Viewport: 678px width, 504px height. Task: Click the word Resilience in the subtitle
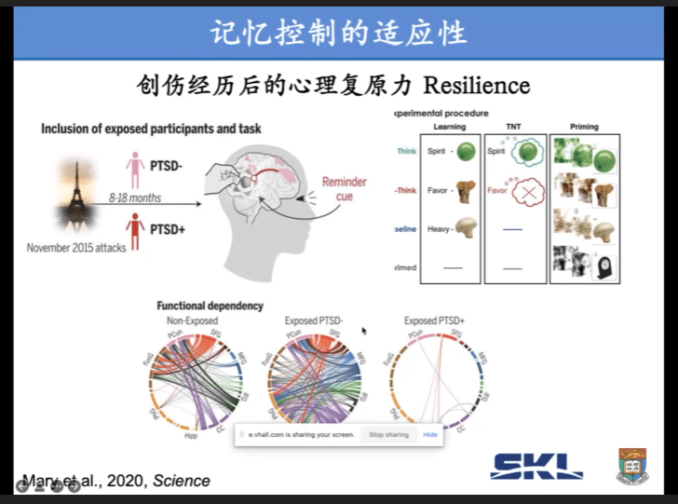tap(476, 86)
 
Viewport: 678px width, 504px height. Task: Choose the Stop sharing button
tap(388, 435)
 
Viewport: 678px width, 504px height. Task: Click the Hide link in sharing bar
tap(430, 435)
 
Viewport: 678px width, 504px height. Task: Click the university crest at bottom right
tap(633, 465)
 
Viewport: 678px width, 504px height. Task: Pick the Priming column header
tap(583, 127)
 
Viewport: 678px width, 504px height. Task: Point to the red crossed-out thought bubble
tap(528, 192)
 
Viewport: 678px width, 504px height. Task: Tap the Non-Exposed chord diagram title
tap(194, 320)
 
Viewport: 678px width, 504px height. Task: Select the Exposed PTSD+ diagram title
tap(434, 320)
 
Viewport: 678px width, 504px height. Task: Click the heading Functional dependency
tap(210, 306)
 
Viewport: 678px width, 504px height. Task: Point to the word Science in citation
tap(182, 481)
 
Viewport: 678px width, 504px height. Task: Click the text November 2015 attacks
tap(77, 248)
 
